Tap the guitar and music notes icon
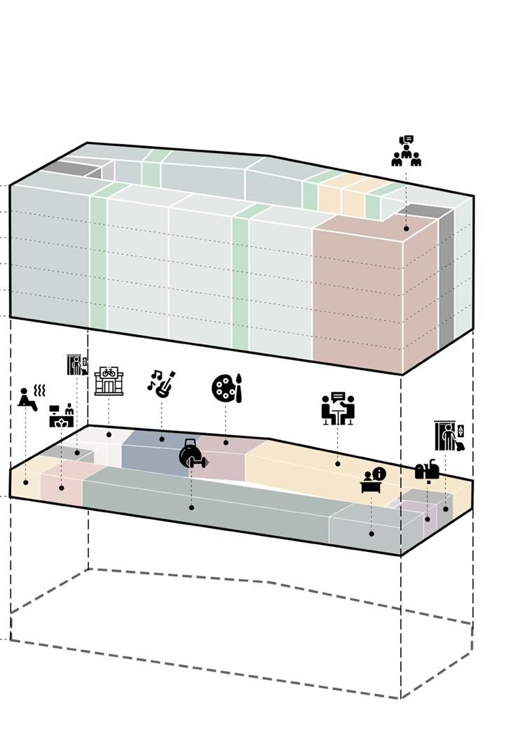point(161,384)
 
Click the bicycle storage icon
point(108,381)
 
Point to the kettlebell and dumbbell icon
point(192,454)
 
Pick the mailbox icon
point(427,470)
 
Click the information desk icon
point(372,480)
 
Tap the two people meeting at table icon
point(338,409)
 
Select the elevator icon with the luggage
point(449,437)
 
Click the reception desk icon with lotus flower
point(62,416)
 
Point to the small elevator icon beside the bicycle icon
point(77,364)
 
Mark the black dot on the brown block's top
point(406,229)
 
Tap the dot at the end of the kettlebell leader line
point(192,507)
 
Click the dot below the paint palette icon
point(226,442)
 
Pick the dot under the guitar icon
point(162,439)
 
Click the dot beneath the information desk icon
point(372,534)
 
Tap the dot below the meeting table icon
point(337,463)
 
